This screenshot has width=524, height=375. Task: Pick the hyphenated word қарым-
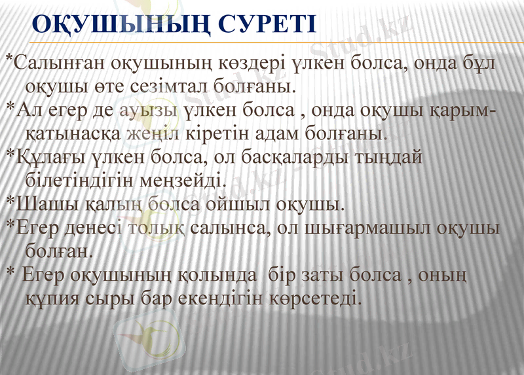pyautogui.click(x=457, y=110)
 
